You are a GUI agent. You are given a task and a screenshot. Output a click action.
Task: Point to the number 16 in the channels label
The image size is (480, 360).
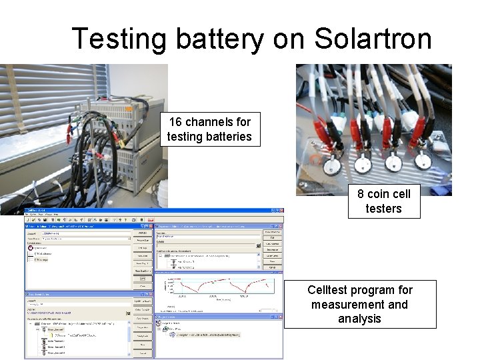click(175, 122)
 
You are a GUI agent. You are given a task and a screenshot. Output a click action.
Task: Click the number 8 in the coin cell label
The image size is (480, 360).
click(361, 194)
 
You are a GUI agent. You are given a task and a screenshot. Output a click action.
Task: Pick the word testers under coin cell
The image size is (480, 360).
click(383, 209)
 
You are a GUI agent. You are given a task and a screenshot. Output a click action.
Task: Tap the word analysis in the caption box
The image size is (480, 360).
click(359, 319)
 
